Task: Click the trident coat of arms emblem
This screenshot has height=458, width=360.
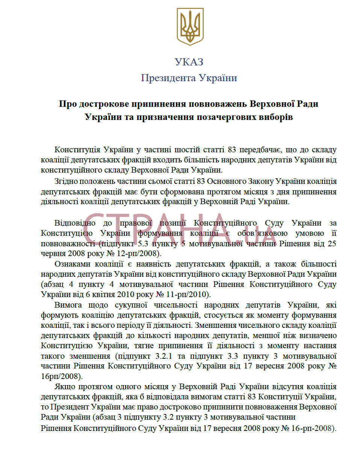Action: (x=191, y=27)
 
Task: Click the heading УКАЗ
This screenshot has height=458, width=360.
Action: (x=189, y=62)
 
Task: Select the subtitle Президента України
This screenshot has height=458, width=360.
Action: (x=189, y=78)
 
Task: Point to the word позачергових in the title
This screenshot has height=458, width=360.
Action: (x=226, y=117)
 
